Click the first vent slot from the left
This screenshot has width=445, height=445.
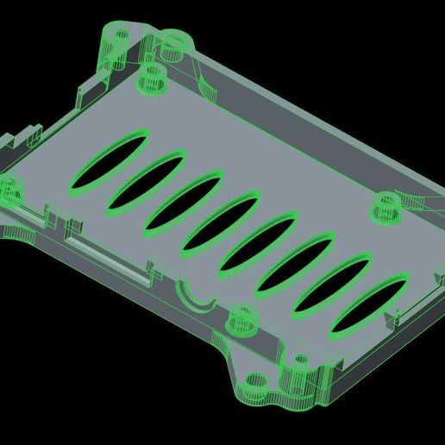point(111,154)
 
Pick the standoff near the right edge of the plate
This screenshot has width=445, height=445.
point(385,208)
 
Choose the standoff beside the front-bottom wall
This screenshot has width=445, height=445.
point(241,319)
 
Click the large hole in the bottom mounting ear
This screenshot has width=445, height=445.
point(255,380)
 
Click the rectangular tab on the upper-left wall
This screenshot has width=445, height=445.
point(91,86)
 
